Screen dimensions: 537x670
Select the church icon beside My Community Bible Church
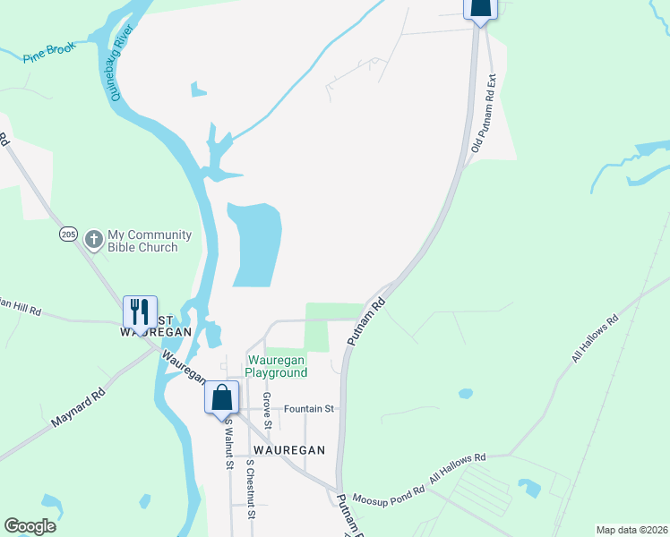coord(93,240)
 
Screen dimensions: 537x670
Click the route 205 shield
coord(69,234)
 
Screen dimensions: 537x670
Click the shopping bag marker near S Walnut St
coord(221,397)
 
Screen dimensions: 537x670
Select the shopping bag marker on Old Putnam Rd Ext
coord(479,7)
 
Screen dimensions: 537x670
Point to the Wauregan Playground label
coord(277,366)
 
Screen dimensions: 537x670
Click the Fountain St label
coord(308,409)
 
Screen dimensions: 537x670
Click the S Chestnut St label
coord(252,490)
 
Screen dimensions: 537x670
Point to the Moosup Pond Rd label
coord(388,495)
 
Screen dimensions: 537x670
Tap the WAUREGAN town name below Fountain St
coord(287,449)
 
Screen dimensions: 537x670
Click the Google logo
coord(30,525)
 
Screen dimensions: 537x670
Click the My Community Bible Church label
coord(150,241)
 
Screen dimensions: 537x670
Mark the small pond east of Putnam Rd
coord(464,393)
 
